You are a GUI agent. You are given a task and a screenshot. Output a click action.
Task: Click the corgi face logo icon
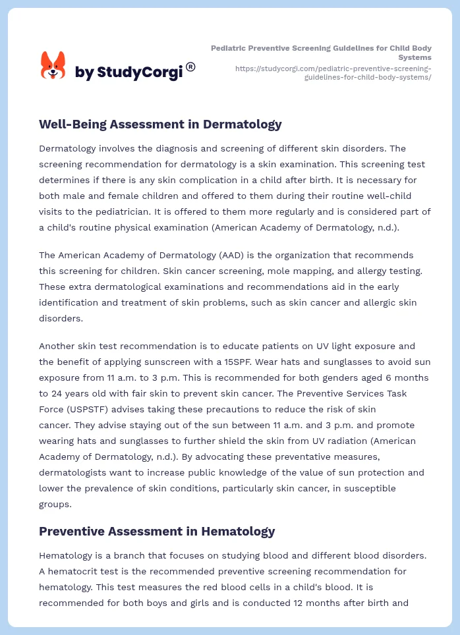pyautogui.click(x=53, y=65)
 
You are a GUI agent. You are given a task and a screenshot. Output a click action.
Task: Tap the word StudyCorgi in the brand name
pyautogui.click(x=139, y=72)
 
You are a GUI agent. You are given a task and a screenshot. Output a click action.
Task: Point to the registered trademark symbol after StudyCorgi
pyautogui.click(x=190, y=67)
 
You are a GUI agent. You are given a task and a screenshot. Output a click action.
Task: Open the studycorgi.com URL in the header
pyautogui.click(x=333, y=72)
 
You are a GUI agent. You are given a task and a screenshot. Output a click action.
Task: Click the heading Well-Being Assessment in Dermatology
pyautogui.click(x=160, y=124)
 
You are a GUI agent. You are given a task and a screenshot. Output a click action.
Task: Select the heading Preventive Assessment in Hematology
pyautogui.click(x=157, y=531)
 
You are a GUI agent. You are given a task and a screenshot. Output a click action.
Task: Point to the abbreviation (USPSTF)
pyautogui.click(x=94, y=409)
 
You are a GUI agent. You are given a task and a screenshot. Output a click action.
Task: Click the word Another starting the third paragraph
pyautogui.click(x=58, y=346)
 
